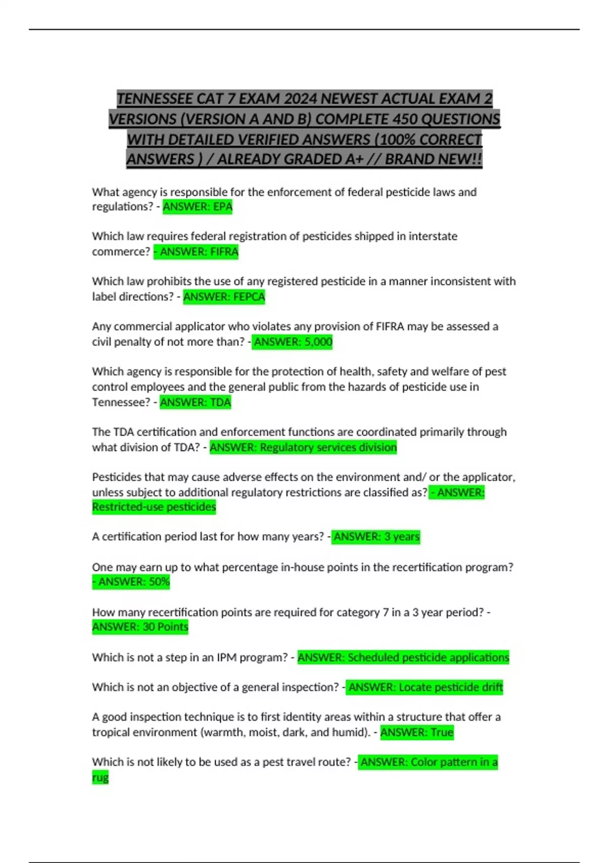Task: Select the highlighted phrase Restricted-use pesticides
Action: (154, 507)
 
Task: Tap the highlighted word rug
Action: (100, 778)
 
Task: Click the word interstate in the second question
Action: (433, 237)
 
